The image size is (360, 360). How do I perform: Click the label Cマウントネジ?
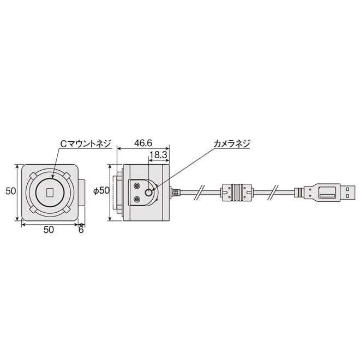[85, 143]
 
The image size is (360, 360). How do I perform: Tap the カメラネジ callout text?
[231, 143]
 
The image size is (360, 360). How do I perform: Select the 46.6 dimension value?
[143, 143]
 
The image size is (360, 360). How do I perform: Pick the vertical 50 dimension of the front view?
[10, 191]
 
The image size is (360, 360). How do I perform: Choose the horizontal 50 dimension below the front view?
[49, 230]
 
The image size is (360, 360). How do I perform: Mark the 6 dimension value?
[81, 230]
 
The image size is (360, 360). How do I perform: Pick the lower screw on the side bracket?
[136, 199]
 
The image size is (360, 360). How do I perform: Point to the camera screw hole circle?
[149, 193]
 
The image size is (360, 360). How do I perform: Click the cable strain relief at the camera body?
[174, 192]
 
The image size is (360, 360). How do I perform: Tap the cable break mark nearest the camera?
[201, 192]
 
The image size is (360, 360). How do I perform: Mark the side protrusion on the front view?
[82, 192]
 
